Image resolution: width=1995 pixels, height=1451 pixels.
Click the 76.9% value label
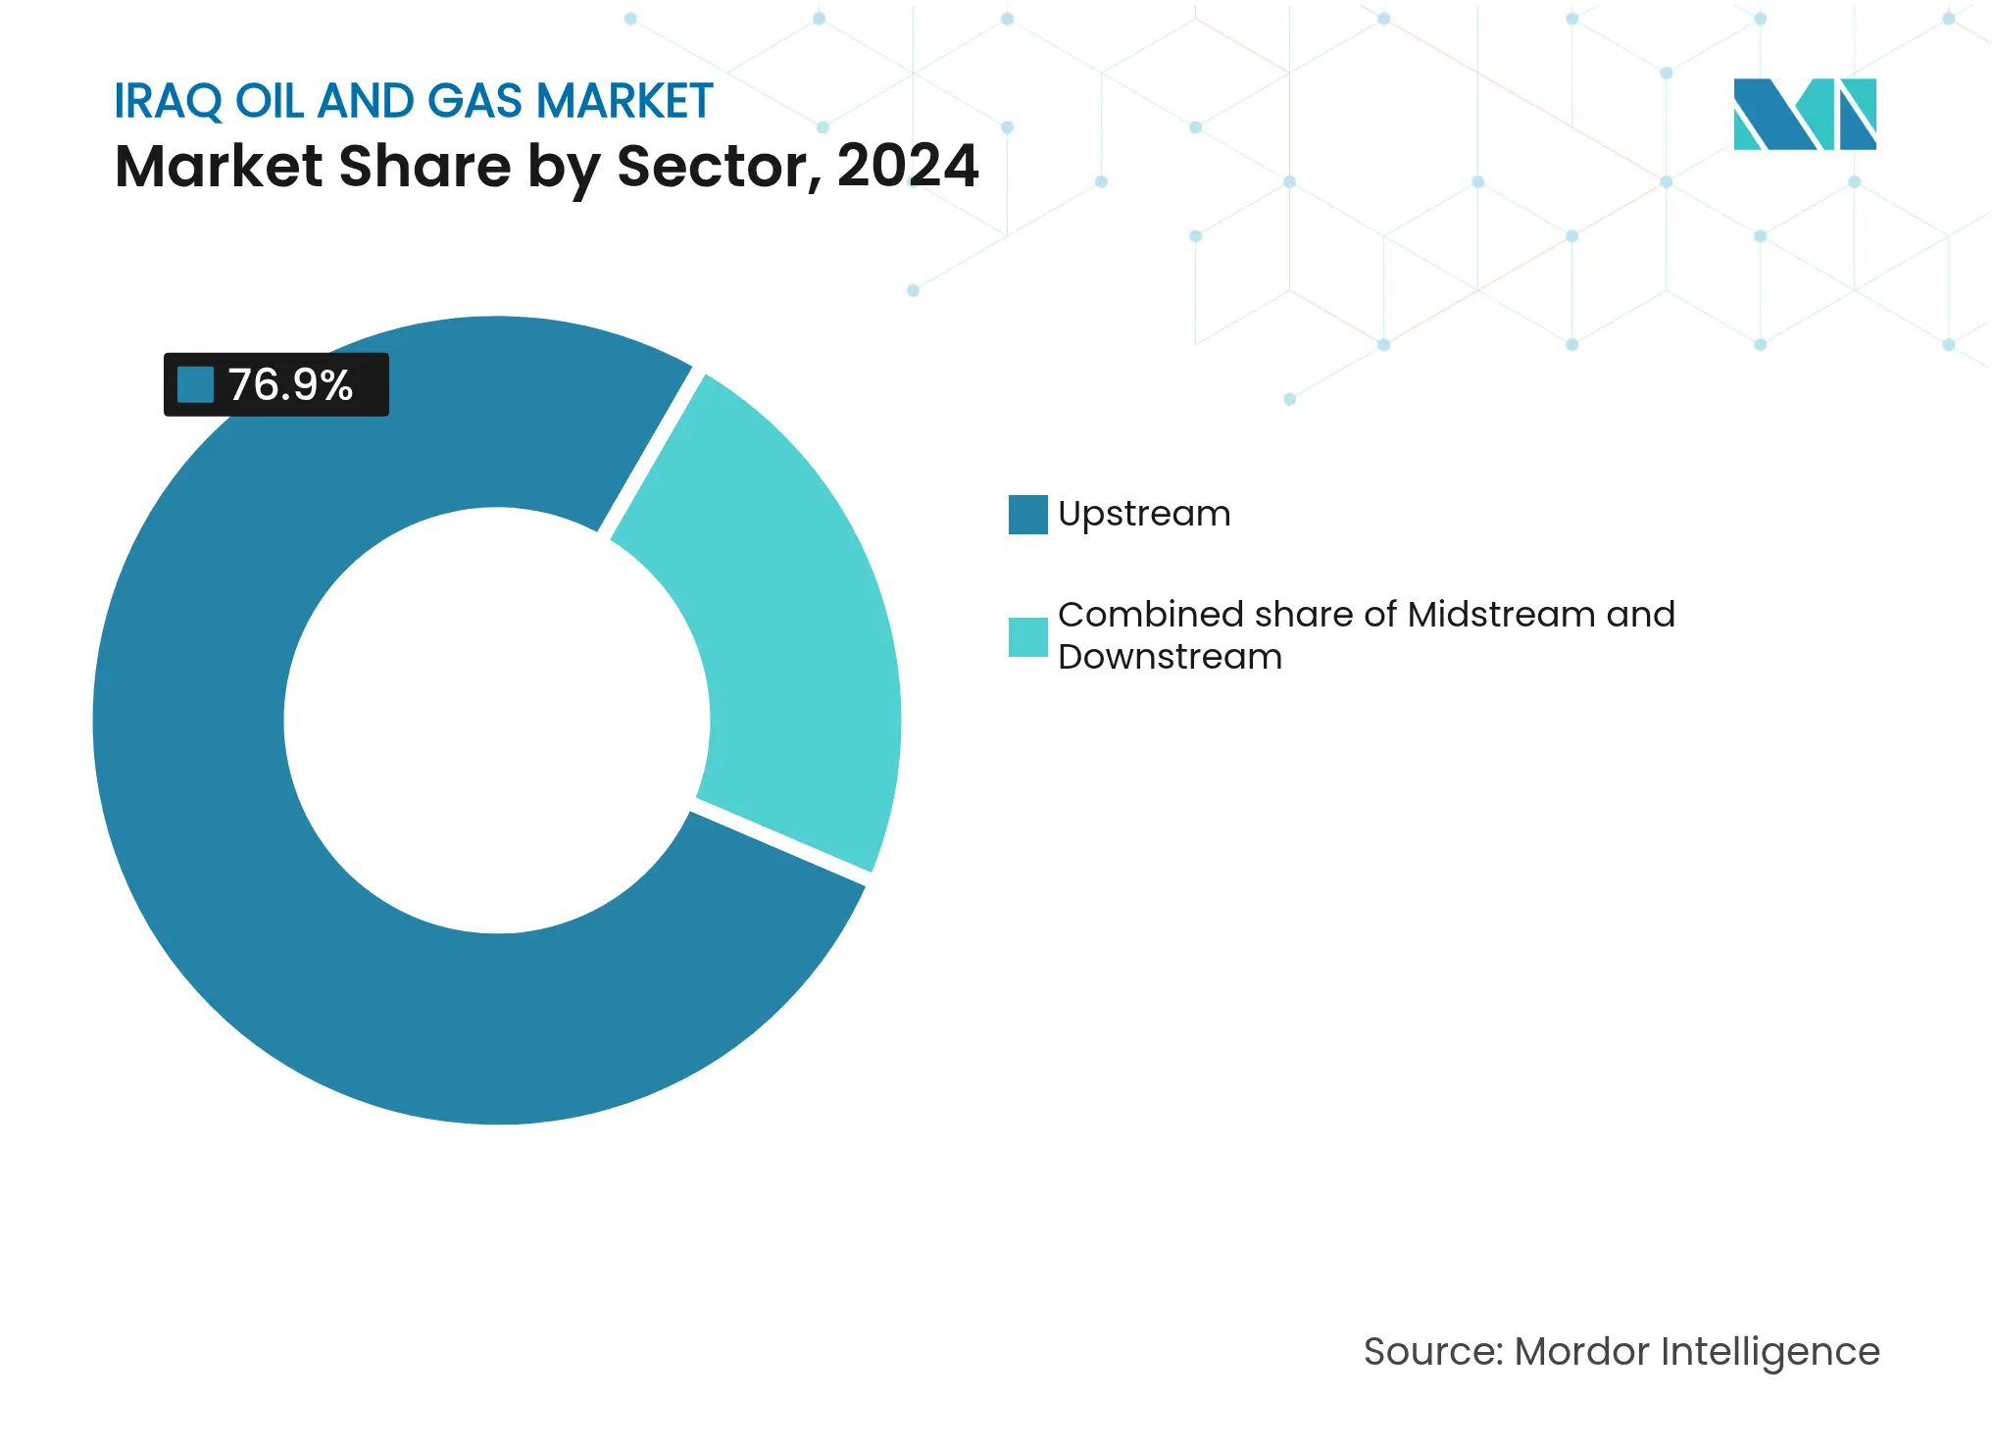[x=290, y=385]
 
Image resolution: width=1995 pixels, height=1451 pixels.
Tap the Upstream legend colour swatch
[x=1027, y=515]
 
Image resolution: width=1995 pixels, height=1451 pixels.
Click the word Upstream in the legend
[x=1144, y=515]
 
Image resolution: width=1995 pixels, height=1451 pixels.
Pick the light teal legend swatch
[x=1027, y=636]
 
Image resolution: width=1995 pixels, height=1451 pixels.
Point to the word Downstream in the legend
[x=1170, y=657]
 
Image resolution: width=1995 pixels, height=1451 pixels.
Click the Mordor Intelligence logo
[x=1804, y=114]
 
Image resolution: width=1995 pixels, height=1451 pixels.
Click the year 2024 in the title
[x=907, y=166]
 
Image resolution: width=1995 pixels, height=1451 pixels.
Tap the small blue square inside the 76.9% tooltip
[x=195, y=385]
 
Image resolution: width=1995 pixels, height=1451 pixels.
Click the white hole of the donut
[x=497, y=721]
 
